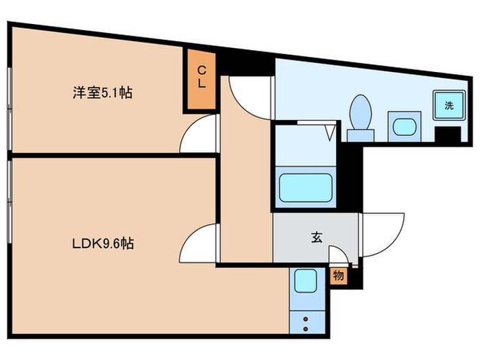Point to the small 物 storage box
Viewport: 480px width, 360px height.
pos(338,276)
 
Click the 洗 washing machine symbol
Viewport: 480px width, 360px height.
pos(448,106)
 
